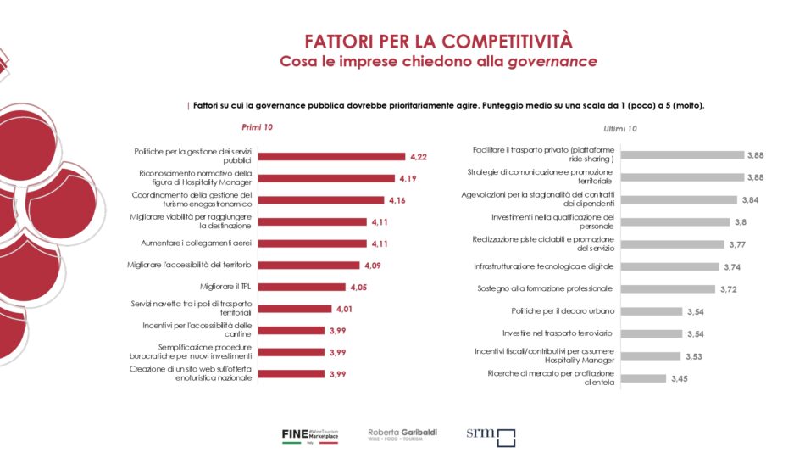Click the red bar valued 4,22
330,157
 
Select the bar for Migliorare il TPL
301,287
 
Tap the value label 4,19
408,179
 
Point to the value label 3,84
752,200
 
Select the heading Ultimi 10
621,129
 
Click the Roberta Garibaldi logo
402,434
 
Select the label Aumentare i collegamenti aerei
197,243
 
